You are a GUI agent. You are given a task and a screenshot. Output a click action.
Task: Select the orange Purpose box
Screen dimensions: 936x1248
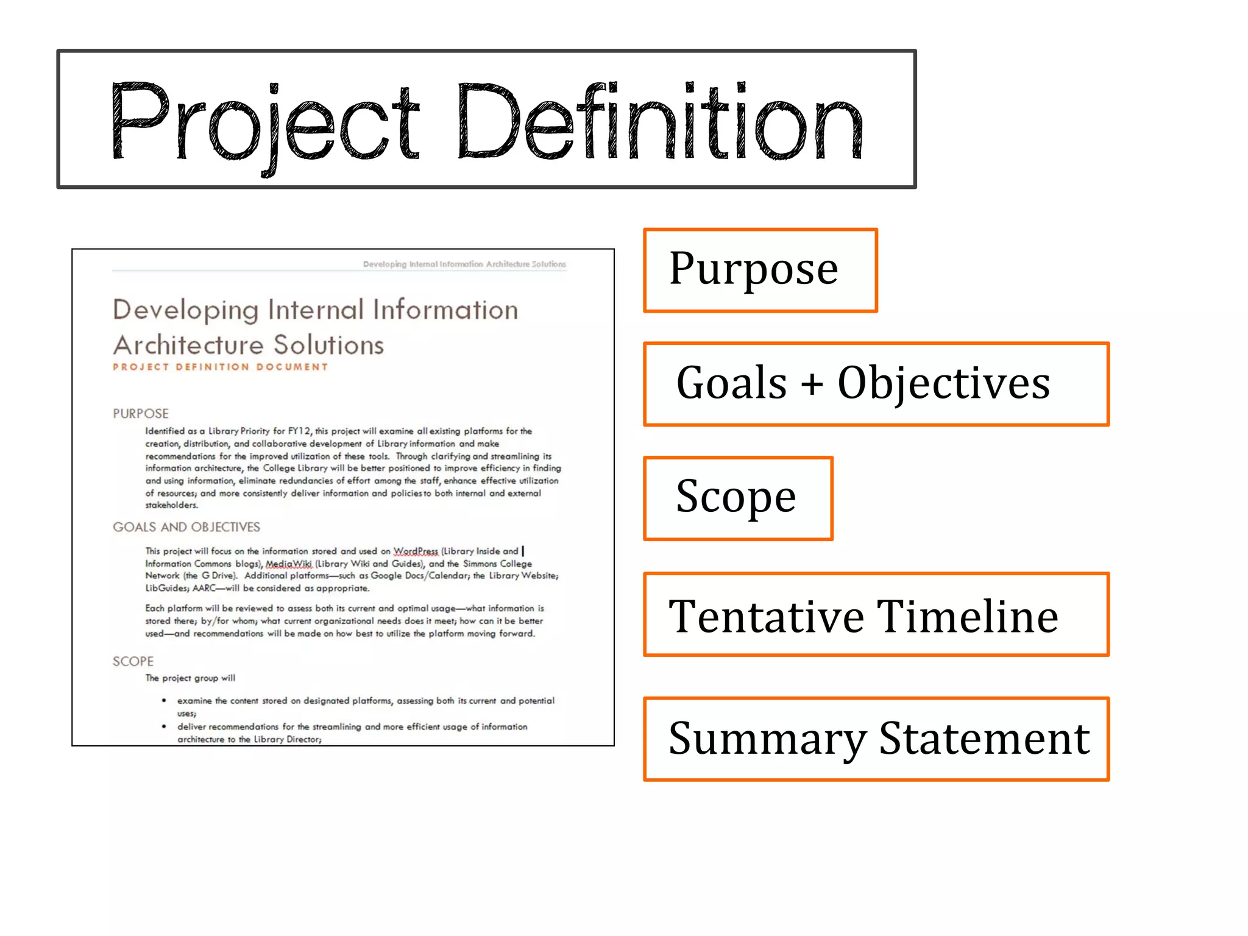pyautogui.click(x=760, y=270)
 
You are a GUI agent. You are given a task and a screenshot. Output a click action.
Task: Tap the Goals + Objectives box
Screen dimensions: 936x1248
pyautogui.click(x=876, y=384)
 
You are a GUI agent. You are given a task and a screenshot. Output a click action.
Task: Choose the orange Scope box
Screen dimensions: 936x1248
pyautogui.click(x=737, y=498)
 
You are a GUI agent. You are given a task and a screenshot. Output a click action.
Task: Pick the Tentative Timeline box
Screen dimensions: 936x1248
pyautogui.click(x=876, y=614)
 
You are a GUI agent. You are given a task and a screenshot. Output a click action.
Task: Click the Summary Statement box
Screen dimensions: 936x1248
pyautogui.click(x=876, y=739)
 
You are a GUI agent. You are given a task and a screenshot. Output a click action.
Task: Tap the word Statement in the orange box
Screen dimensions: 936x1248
pyautogui.click(x=984, y=739)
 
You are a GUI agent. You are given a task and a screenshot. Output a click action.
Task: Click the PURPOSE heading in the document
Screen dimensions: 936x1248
pyautogui.click(x=141, y=414)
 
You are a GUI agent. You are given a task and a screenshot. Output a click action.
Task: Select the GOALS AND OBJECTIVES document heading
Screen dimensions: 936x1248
pyautogui.click(x=186, y=527)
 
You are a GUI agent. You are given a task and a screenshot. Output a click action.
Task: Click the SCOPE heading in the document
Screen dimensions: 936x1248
pyautogui.click(x=133, y=661)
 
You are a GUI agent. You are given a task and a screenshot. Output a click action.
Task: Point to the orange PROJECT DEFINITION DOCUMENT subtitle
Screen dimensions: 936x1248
pyautogui.click(x=220, y=367)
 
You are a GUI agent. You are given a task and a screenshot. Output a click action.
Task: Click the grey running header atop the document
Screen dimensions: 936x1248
pyautogui.click(x=464, y=264)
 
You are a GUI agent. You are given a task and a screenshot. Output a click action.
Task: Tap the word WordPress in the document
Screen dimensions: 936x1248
pyautogui.click(x=416, y=551)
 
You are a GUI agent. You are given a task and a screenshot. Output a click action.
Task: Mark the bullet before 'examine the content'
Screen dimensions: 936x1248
pyautogui.click(x=164, y=701)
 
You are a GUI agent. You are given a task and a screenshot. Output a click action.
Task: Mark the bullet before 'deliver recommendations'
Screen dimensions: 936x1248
pyautogui.click(x=164, y=726)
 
